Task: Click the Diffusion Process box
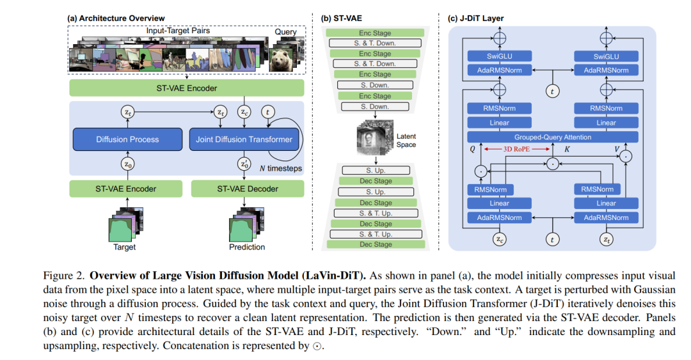click(127, 139)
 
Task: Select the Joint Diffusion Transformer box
click(244, 139)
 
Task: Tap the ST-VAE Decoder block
click(247, 189)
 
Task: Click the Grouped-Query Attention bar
click(553, 137)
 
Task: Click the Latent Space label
click(406, 141)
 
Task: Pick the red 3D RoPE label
click(516, 150)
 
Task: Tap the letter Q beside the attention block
click(472, 150)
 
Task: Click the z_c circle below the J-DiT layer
click(499, 239)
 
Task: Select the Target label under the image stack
click(124, 247)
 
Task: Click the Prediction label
click(247, 247)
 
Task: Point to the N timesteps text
click(281, 168)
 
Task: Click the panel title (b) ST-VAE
click(342, 19)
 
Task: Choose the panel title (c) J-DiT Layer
click(475, 19)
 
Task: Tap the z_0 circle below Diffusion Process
click(127, 164)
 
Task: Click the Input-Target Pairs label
click(178, 31)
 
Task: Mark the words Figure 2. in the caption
click(63, 276)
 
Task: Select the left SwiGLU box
click(499, 56)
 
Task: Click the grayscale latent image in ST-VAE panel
click(374, 137)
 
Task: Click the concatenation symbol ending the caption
click(317, 347)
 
